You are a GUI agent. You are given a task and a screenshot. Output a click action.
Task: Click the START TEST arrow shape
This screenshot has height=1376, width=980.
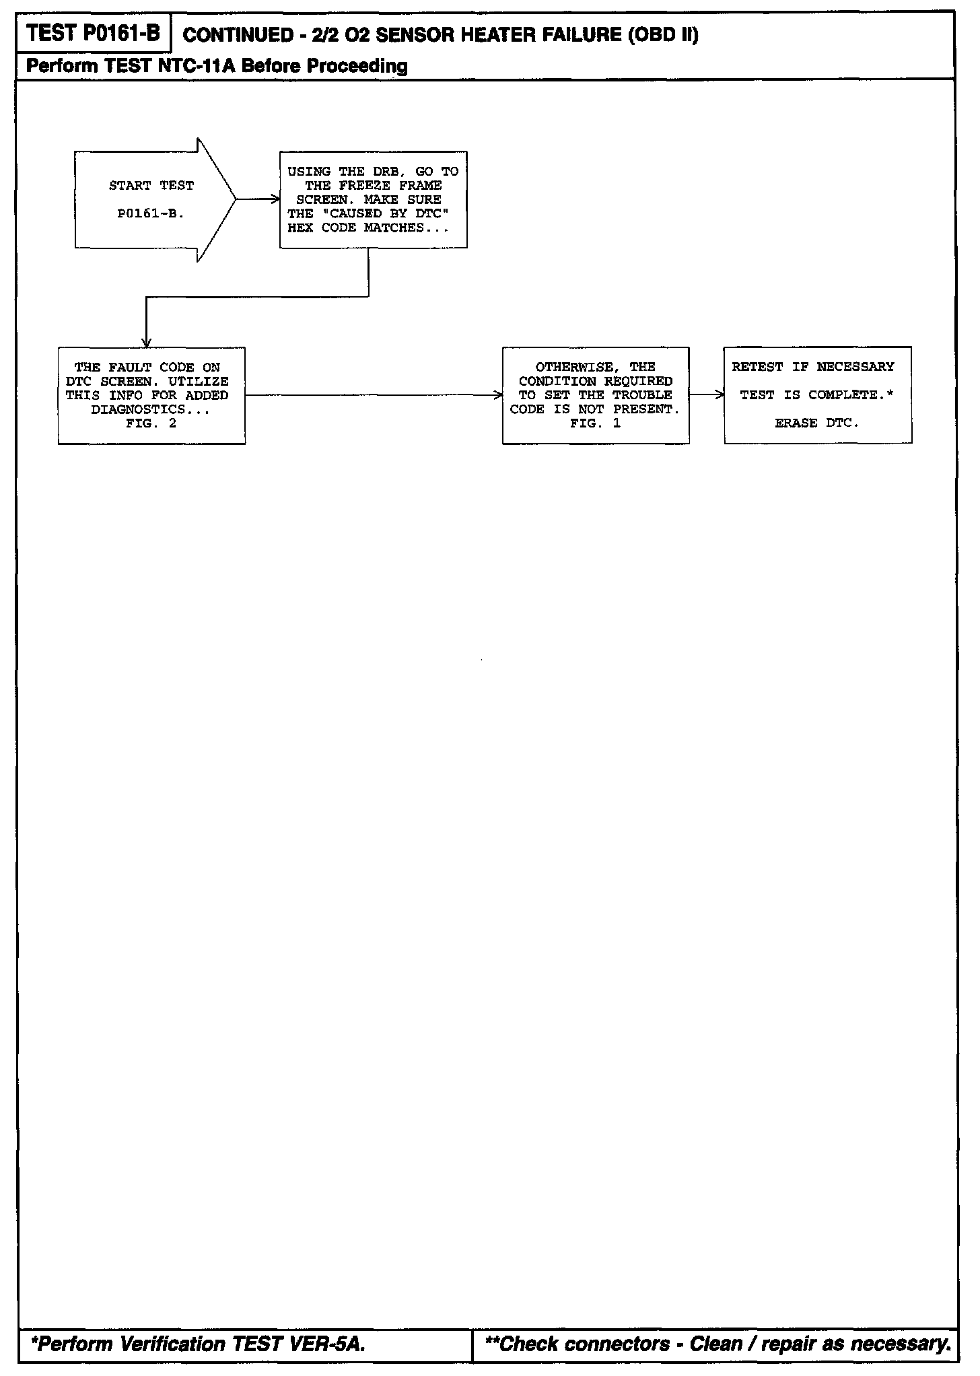point(151,200)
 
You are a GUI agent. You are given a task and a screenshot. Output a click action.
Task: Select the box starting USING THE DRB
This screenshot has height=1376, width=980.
point(373,200)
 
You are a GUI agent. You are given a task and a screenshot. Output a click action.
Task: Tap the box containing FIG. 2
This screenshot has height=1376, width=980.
point(151,396)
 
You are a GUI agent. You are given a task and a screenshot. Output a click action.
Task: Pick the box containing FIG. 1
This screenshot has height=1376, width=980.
point(595,396)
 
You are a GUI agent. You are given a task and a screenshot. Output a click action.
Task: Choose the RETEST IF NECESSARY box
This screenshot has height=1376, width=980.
point(817,395)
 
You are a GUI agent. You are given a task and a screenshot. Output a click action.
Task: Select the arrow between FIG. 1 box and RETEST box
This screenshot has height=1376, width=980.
point(707,395)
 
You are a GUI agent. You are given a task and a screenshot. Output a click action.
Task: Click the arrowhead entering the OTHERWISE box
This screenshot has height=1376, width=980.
point(497,395)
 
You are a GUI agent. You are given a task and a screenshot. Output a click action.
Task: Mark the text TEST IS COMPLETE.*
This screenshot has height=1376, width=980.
point(816,395)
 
